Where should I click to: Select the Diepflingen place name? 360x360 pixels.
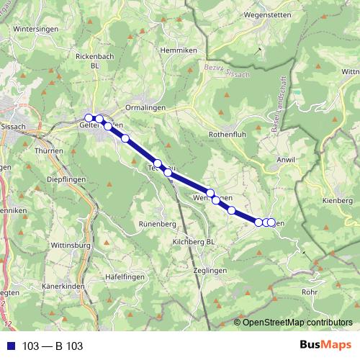66,180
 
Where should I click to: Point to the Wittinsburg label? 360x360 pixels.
71,245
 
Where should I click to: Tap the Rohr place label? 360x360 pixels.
310,292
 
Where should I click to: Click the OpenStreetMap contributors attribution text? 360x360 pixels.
298,322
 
